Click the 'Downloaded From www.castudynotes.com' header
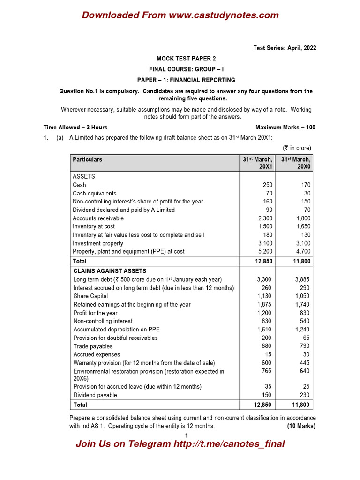pos(180,15)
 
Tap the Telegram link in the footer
pos(180,444)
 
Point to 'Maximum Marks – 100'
pos(285,127)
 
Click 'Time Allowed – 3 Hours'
pos(75,127)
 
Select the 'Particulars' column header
pos(87,159)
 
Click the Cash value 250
pos(266,185)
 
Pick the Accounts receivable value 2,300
pos(263,218)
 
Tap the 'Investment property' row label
pos(98,243)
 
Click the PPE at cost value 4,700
pos(302,251)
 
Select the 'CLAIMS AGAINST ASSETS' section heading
pos(110,271)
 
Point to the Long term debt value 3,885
pos(302,279)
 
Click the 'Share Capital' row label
pos(90,296)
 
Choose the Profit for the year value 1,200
pos(264,313)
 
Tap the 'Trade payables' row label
pos(93,346)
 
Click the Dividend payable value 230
pos(305,395)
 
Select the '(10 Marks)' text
pos(301,426)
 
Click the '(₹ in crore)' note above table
pos(297,148)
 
